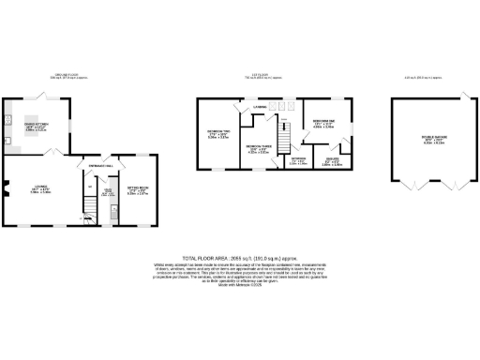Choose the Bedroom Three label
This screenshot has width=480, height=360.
(257, 147)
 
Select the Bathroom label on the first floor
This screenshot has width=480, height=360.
(298, 159)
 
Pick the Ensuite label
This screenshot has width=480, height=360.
(332, 160)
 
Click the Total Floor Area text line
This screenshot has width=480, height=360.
(239, 256)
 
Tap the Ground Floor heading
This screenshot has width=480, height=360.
(66, 76)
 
